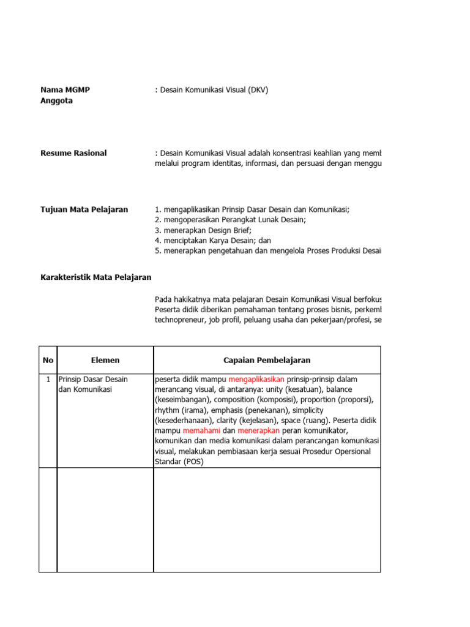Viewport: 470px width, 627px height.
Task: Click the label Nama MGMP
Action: point(65,90)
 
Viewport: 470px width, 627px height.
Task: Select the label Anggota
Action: point(56,101)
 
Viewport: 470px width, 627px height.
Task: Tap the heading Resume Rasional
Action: point(73,153)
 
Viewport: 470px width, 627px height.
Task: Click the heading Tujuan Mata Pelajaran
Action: point(84,209)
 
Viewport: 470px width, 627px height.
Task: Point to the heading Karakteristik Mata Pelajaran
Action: point(95,277)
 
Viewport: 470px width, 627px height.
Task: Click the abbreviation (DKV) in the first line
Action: point(256,90)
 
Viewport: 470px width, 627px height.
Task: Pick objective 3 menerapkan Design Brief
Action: point(203,230)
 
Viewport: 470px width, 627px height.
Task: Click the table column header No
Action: point(48,360)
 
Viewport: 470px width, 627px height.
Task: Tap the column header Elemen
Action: point(105,360)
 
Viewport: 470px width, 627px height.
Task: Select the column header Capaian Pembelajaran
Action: point(267,360)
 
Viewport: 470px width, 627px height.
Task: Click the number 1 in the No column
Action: point(48,379)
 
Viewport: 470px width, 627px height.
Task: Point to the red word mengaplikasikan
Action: point(256,379)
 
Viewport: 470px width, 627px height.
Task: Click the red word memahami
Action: point(201,431)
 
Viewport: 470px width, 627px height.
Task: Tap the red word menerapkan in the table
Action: point(258,431)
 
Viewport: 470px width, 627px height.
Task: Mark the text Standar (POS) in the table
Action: point(179,462)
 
